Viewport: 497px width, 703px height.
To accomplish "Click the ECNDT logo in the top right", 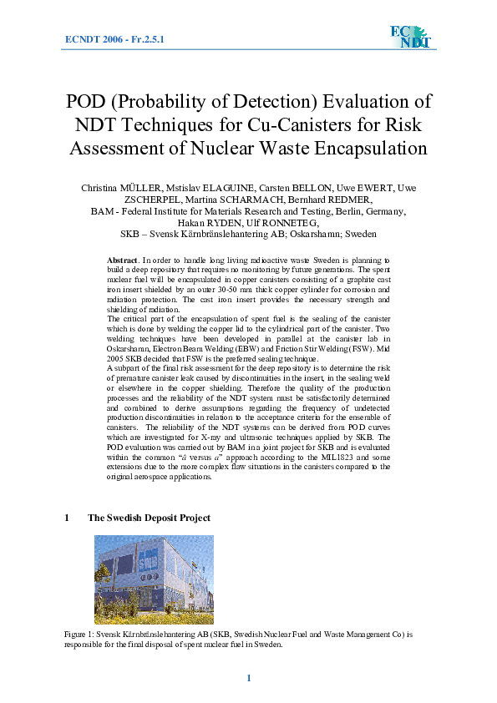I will coord(410,37).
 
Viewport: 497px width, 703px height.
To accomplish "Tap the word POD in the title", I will coord(87,103).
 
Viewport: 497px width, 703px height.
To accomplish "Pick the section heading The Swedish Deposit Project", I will coord(149,518).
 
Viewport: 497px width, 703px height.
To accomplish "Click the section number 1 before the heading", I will coord(67,518).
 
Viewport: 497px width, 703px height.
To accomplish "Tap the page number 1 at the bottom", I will coord(248,678).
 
